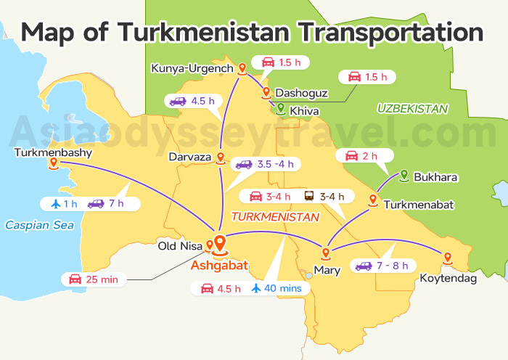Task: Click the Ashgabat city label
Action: pos(219,266)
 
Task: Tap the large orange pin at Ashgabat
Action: pos(220,245)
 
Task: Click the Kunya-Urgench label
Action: pos(192,68)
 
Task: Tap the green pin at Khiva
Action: pos(280,109)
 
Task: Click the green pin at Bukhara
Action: pos(404,175)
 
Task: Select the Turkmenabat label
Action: pos(419,205)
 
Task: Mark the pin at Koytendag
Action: pos(447,258)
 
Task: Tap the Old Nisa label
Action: pos(180,246)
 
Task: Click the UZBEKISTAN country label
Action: pos(412,108)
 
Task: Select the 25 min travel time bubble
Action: pos(94,279)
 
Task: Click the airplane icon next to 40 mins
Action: pos(256,288)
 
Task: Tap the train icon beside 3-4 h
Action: pos(309,196)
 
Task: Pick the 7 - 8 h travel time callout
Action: pos(382,266)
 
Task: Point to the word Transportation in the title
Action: pos(391,33)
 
